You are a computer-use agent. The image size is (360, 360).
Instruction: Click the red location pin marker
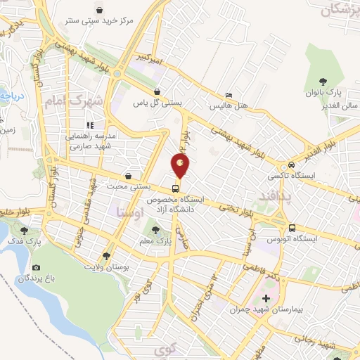coord(181,166)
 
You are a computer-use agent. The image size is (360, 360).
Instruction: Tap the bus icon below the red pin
coord(176,188)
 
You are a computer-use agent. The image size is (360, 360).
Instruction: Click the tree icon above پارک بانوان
coord(323,82)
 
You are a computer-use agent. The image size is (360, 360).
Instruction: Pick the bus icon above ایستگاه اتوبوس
coord(291,227)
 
